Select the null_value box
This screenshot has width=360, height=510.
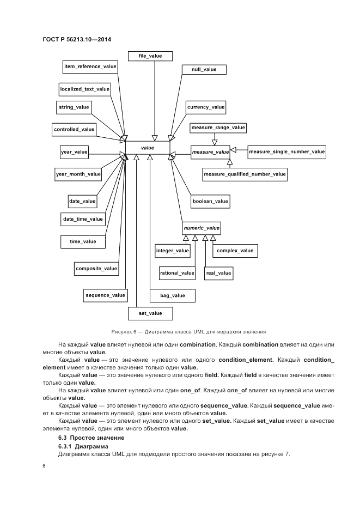pyautogui.click(x=204, y=70)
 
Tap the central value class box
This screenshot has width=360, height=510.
pyautogui.click(x=148, y=148)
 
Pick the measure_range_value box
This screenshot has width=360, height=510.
pyautogui.click(x=218, y=128)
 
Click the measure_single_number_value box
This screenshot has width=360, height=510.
pyautogui.click(x=286, y=152)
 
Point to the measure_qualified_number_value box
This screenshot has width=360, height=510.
pyautogui.click(x=245, y=174)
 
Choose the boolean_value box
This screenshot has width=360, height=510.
pyautogui.click(x=210, y=201)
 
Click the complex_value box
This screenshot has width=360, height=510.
pyautogui.click(x=235, y=251)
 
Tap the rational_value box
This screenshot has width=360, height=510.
pyautogui.click(x=177, y=272)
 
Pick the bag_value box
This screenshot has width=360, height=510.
pyautogui.click(x=173, y=295)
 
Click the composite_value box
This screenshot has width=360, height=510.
pyautogui.click(x=96, y=268)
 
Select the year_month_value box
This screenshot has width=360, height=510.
pyautogui.click(x=78, y=174)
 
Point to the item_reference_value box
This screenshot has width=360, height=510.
pyautogui.click(x=90, y=66)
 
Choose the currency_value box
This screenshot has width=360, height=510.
pyautogui.click(x=206, y=107)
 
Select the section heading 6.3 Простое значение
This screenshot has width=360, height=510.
pyautogui.click(x=91, y=438)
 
